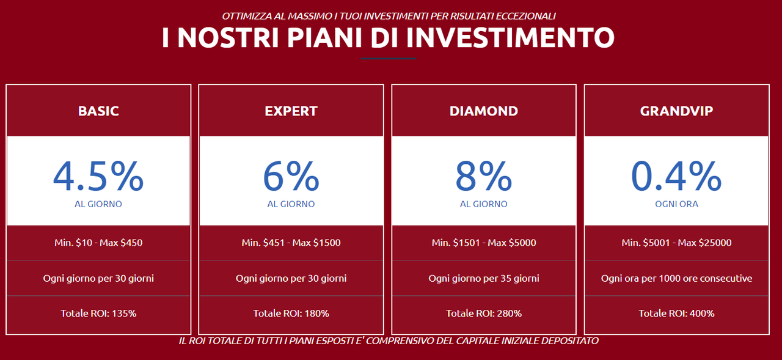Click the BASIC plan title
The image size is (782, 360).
click(x=98, y=111)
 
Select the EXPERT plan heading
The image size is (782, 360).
click(x=291, y=111)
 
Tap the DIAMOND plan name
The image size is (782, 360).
click(x=484, y=111)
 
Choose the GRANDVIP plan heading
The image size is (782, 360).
click(x=676, y=111)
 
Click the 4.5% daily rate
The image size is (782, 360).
click(x=98, y=176)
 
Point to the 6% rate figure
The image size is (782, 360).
click(x=291, y=176)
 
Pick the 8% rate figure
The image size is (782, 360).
click(x=484, y=176)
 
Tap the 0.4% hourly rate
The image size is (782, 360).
click(x=676, y=176)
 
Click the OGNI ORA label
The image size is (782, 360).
click(x=676, y=204)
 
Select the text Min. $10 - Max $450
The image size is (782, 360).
click(x=98, y=243)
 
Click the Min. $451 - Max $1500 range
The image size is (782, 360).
click(x=291, y=243)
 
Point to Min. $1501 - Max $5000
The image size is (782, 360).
click(x=484, y=243)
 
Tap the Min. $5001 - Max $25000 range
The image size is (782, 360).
click(x=676, y=243)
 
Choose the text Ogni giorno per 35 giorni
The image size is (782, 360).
click(x=484, y=278)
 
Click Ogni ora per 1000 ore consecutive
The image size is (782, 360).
click(x=676, y=278)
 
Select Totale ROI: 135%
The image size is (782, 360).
click(x=98, y=313)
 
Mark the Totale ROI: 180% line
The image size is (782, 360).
click(x=291, y=313)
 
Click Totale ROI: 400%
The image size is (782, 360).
click(x=676, y=313)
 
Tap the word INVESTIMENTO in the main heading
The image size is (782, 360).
click(x=510, y=37)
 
